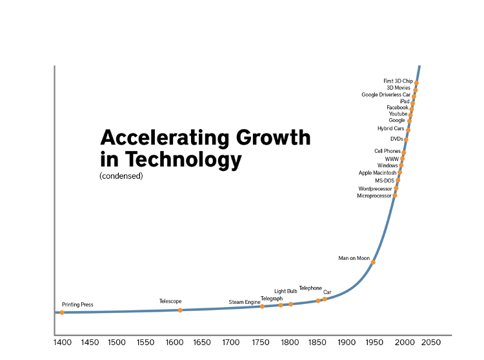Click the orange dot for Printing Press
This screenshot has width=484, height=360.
[62, 312]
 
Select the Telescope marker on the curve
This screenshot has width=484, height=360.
[180, 310]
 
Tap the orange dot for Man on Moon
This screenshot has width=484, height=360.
[373, 262]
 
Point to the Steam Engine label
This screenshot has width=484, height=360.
[244, 302]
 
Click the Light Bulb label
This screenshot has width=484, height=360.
[285, 292]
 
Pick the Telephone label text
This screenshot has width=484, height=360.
[310, 288]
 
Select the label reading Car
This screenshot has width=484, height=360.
[327, 292]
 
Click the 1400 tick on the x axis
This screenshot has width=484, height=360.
[63, 342]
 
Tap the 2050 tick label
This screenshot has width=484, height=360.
[430, 342]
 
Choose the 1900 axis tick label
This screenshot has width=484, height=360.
[347, 342]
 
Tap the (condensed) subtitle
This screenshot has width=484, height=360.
[121, 176]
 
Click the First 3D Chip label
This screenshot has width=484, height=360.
[398, 81]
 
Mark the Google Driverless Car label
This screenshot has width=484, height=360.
[385, 95]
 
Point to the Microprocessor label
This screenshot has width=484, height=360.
[374, 195]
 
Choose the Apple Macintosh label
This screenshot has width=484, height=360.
[377, 173]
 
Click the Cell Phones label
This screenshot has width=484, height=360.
[387, 151]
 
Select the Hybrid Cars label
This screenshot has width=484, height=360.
[390, 128]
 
